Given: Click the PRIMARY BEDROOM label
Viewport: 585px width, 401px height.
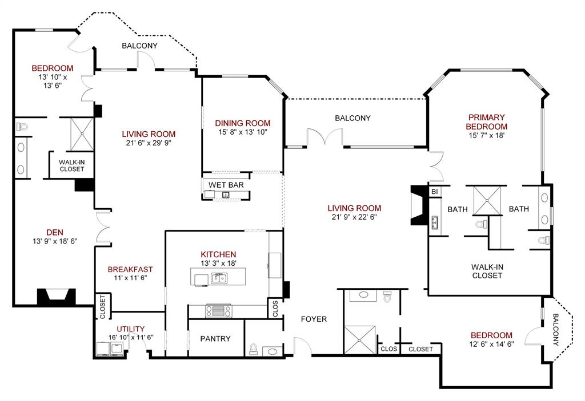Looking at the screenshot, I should (486, 121).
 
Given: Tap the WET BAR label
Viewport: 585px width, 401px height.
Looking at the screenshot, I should (226, 185).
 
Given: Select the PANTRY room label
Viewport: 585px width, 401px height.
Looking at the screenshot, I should (215, 338).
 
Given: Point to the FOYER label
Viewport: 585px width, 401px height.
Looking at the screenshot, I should (314, 319).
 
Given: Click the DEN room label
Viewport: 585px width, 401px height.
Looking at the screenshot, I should (55, 232).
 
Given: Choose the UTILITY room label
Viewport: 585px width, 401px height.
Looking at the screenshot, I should (130, 329).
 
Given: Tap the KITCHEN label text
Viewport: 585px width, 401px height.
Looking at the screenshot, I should (218, 254).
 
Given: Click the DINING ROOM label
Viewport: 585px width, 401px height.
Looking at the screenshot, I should (242, 123).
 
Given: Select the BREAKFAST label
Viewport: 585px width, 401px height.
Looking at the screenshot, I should (131, 269).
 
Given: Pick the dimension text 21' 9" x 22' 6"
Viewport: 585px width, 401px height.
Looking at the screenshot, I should (354, 217).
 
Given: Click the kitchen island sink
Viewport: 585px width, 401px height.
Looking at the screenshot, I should (218, 278).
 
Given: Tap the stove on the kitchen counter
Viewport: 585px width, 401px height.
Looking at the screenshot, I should (218, 311).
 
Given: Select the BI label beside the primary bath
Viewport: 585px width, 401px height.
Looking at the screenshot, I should (435, 192).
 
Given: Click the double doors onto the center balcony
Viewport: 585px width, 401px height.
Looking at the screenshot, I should (324, 137).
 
